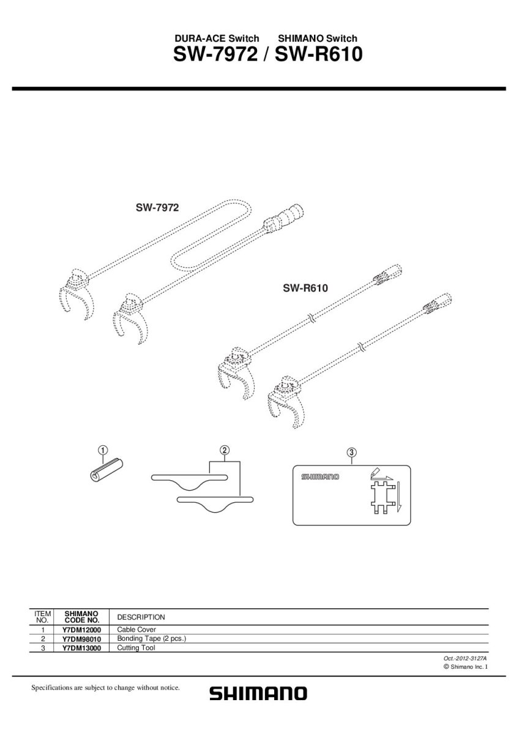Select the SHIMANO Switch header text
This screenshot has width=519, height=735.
(x=317, y=38)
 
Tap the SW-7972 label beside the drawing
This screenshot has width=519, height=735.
(x=157, y=208)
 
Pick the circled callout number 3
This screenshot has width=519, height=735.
(x=351, y=453)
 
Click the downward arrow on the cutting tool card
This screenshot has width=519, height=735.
(x=397, y=496)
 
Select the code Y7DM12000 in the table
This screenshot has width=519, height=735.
(x=81, y=630)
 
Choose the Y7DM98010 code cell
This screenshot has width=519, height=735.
(x=81, y=638)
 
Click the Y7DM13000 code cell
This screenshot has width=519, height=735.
(x=81, y=647)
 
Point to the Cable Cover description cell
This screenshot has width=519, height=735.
(x=136, y=630)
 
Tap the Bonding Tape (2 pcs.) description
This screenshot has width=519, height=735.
(x=151, y=638)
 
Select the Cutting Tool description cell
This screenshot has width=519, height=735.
(x=136, y=647)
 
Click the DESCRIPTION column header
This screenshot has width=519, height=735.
(x=141, y=617)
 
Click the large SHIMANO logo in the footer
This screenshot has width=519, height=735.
(x=258, y=694)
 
